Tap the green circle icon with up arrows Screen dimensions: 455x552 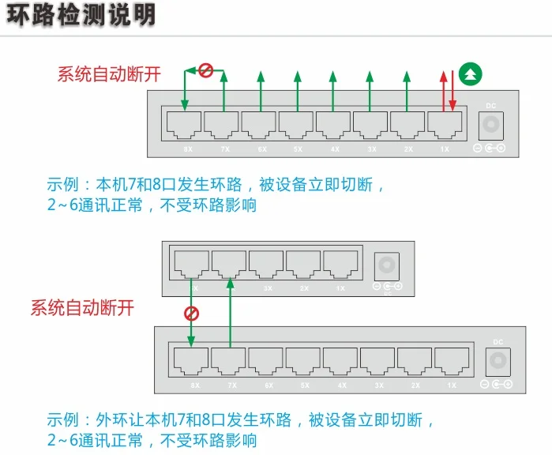(471, 75)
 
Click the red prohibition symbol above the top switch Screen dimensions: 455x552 (205, 71)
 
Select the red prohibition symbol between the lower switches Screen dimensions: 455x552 (191, 313)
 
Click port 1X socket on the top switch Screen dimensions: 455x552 (445, 124)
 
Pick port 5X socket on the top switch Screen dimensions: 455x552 (295, 124)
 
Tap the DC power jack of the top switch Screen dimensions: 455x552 (491, 125)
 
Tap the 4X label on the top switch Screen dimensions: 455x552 (335, 149)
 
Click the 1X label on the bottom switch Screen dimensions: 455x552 (452, 385)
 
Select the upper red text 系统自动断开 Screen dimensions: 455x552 (109, 74)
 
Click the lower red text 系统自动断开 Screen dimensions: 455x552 (82, 308)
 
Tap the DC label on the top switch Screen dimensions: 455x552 (490, 105)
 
